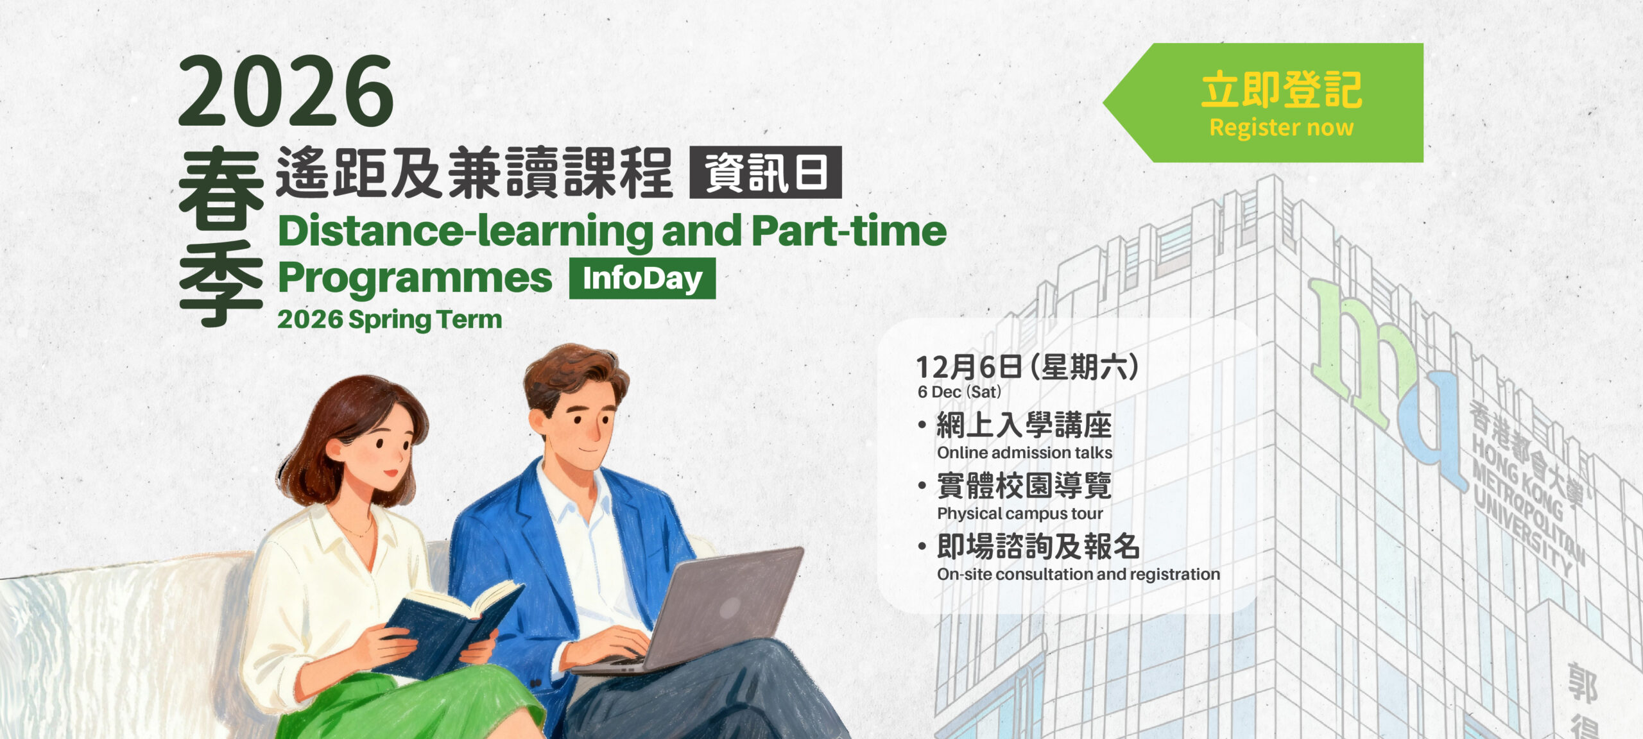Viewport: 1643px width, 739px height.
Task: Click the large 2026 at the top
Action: [x=286, y=90]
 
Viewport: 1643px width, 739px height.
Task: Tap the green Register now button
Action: [x=1263, y=103]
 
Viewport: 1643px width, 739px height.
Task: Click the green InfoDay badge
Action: [x=642, y=278]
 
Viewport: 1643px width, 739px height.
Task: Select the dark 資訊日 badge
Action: [x=766, y=173]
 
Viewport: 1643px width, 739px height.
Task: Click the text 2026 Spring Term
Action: [x=390, y=319]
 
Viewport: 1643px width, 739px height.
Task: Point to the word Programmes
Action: [x=415, y=278]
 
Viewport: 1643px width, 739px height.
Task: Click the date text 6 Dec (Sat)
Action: [x=959, y=392]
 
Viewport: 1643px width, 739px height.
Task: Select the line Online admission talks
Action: [x=1024, y=452]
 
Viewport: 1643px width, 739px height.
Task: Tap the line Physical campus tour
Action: [x=1020, y=513]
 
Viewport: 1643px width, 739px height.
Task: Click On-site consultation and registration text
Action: [x=1078, y=574]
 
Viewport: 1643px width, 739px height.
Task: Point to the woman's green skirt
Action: [x=411, y=702]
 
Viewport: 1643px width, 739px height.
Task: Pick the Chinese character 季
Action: [x=221, y=283]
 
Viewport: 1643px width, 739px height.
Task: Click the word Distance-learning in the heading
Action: [x=465, y=232]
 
